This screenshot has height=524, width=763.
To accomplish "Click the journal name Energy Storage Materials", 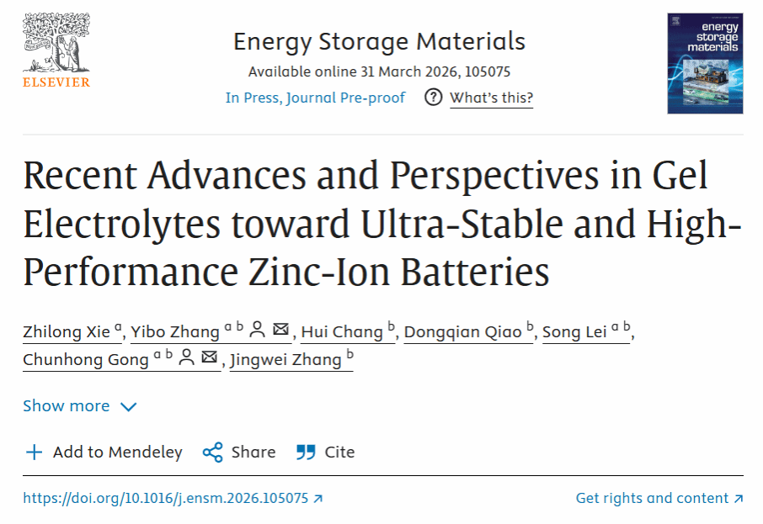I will [379, 41].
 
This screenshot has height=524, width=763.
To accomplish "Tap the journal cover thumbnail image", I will [705, 63].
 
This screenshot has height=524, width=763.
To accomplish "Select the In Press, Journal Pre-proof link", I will [315, 98].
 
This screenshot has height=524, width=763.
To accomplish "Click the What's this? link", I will [491, 98].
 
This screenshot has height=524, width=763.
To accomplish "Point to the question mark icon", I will [434, 98].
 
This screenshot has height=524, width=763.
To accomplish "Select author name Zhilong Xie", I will [66, 331].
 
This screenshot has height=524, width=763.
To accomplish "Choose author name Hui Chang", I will [342, 331].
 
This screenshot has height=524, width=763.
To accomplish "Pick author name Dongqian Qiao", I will [462, 331].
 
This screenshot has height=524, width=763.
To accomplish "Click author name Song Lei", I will [574, 331].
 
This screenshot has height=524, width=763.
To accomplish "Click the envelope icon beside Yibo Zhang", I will [281, 330].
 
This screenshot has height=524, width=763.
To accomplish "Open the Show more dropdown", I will [79, 406].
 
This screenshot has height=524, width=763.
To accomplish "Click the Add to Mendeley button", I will [104, 453].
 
